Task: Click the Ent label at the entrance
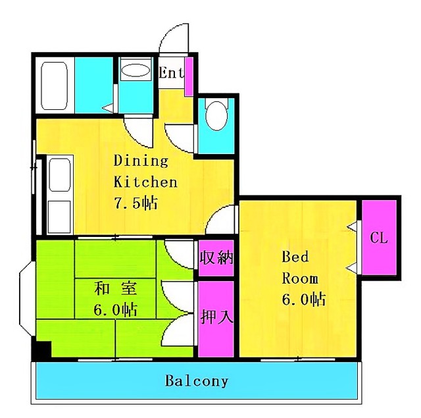click(x=172, y=72)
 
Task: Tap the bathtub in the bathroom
click(x=54, y=86)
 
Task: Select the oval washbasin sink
click(x=136, y=70)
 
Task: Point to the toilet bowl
click(x=216, y=116)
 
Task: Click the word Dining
click(x=141, y=161)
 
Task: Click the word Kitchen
click(x=145, y=182)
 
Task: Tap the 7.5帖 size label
click(x=136, y=203)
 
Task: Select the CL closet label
click(x=379, y=238)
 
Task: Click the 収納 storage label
click(x=216, y=257)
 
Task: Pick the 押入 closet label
click(x=216, y=317)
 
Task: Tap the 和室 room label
click(x=116, y=289)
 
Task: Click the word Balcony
click(x=197, y=381)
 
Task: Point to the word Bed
click(x=295, y=257)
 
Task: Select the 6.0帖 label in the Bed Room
click(x=304, y=299)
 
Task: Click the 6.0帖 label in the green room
click(x=116, y=310)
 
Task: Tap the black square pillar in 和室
click(x=41, y=349)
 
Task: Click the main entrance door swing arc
click(x=169, y=32)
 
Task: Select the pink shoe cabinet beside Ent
click(x=189, y=76)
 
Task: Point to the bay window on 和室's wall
click(x=26, y=298)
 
